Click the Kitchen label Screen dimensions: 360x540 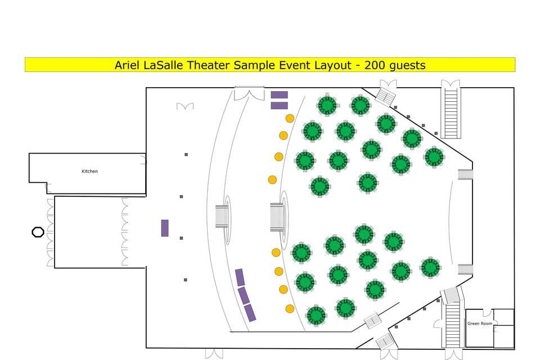point(89,171)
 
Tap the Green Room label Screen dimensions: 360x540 point(479,323)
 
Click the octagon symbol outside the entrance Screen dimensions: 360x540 point(38,232)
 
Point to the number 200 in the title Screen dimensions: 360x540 point(375,65)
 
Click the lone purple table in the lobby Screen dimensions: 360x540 point(165,228)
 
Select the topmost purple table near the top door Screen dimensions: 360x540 point(279,94)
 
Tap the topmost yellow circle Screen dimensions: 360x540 point(290,118)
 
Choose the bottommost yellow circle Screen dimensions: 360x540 point(290,308)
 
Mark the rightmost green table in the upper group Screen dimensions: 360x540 point(434,156)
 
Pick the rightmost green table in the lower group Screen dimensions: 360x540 point(430,267)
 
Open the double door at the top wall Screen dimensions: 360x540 point(249,93)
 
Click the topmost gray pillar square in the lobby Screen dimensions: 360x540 point(186,154)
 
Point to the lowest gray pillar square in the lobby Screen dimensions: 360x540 point(185,280)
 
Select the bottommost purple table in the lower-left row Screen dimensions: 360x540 point(250,313)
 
